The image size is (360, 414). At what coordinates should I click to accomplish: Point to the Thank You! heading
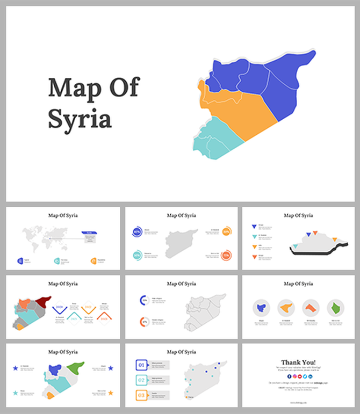[299, 362]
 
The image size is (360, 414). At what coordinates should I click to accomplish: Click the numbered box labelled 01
[141, 365]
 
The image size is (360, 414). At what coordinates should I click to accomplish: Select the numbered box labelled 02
[141, 380]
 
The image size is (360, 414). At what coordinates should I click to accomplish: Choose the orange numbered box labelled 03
[141, 395]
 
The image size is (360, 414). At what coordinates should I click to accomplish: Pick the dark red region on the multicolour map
[44, 301]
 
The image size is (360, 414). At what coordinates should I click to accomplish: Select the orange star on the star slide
[110, 393]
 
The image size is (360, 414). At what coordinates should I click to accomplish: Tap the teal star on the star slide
[15, 393]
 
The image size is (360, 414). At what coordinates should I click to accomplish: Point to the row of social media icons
[299, 376]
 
